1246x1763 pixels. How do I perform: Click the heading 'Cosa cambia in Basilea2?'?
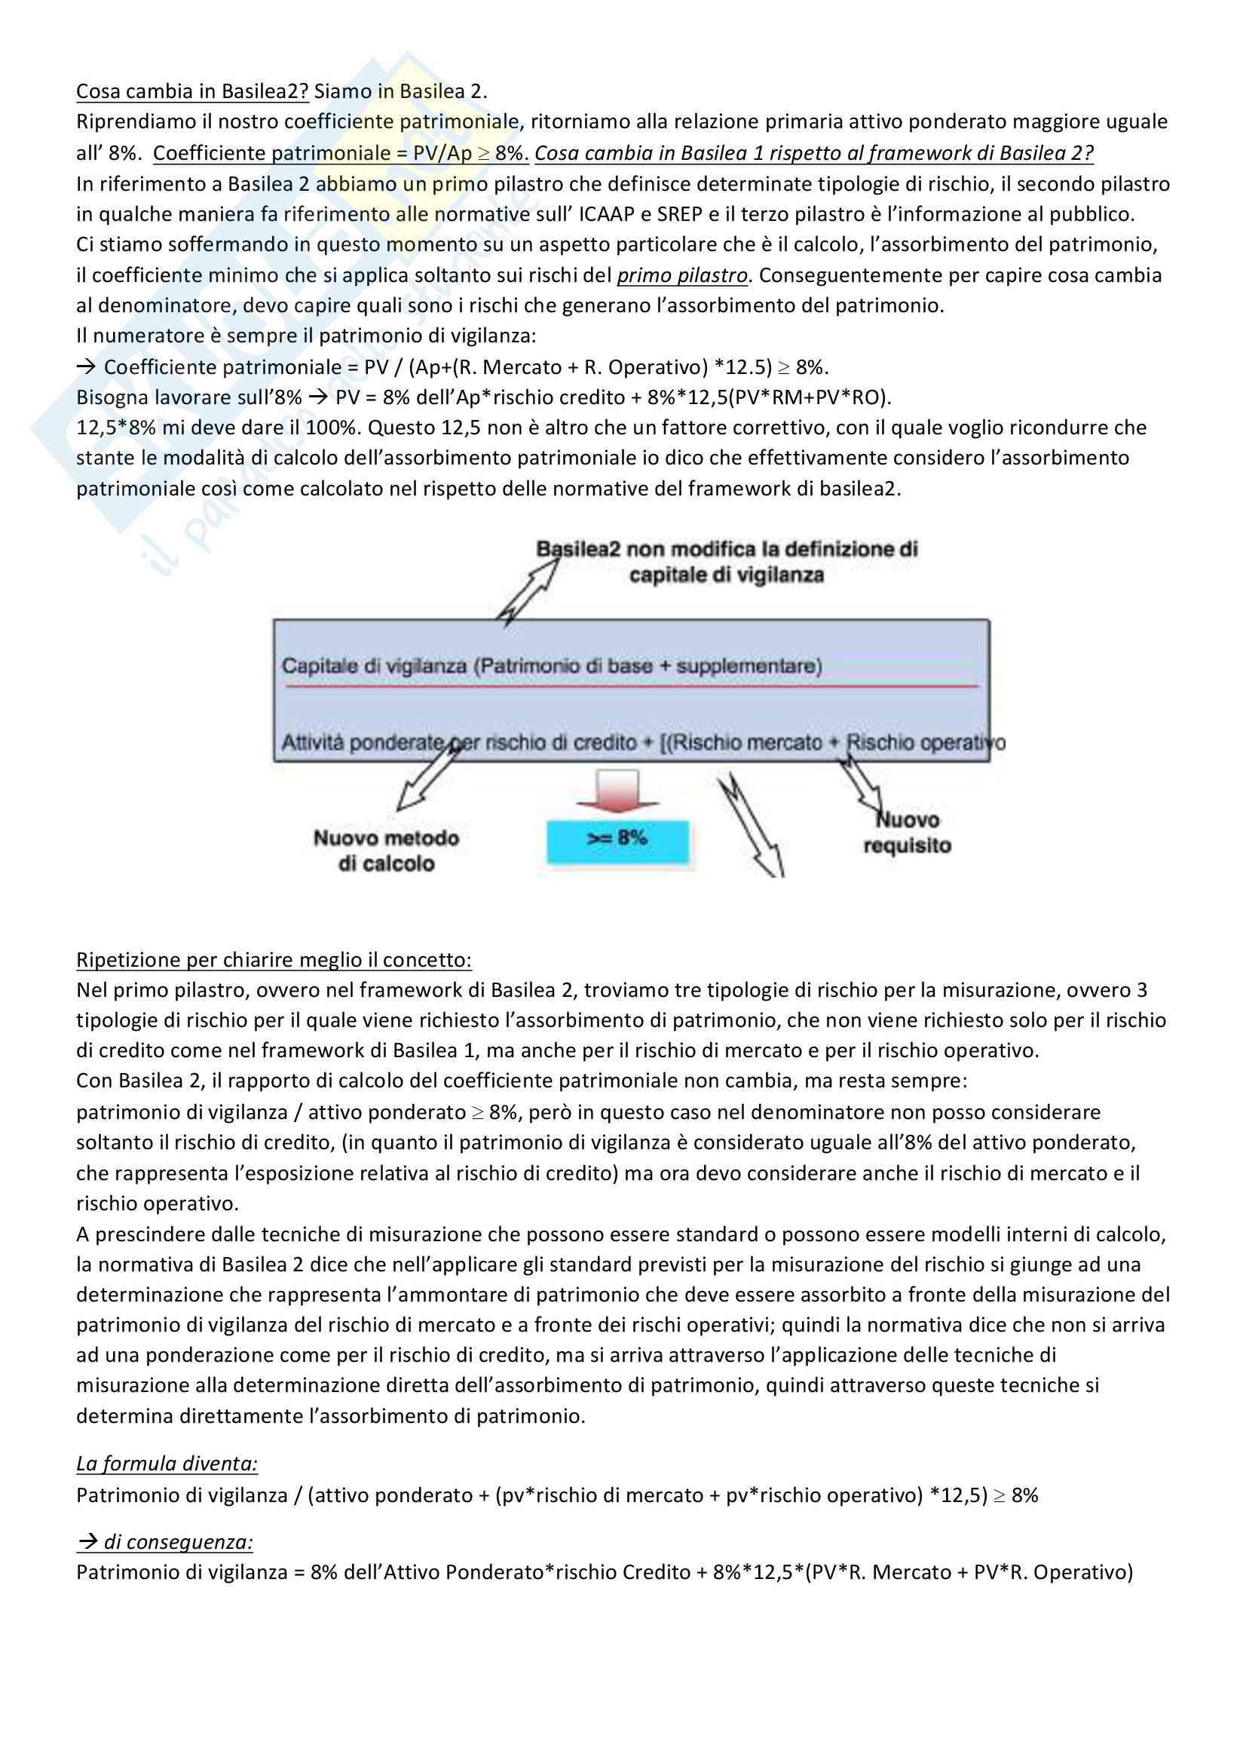(192, 91)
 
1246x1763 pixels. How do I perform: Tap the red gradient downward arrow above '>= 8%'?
(617, 791)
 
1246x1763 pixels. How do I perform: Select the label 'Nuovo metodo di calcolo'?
(386, 851)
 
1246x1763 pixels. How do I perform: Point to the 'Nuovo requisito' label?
(908, 833)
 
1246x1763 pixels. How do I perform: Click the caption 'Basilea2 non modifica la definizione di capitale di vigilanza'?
(726, 562)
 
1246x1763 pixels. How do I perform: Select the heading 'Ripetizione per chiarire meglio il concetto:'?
(274, 960)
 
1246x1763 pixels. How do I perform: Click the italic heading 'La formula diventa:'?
(167, 1464)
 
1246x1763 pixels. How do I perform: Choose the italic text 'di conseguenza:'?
(177, 1542)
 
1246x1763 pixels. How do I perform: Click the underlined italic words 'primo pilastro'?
(681, 275)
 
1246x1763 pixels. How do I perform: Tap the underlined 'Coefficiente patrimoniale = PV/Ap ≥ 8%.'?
(340, 153)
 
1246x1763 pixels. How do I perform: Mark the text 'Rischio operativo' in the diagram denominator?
(924, 743)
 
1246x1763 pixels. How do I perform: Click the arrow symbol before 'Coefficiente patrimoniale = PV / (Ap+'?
(85, 367)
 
